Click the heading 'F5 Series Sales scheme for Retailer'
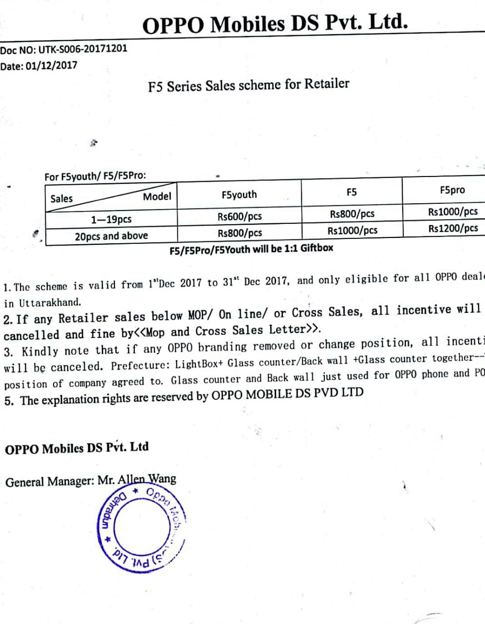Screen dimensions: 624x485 click(248, 85)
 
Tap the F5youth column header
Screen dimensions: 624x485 click(239, 195)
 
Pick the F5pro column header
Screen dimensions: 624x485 click(452, 190)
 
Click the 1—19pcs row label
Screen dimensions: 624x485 click(112, 219)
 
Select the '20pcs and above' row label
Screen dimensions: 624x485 click(111, 236)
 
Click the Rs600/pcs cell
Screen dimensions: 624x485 click(240, 216)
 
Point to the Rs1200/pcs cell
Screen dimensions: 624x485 click(453, 228)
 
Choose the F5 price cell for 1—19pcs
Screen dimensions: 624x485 click(352, 214)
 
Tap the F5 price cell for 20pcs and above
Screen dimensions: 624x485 click(352, 230)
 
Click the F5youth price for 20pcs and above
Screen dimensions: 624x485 click(240, 233)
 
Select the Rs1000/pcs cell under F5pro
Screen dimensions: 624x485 click(453, 212)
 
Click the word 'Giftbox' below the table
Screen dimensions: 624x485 click(317, 248)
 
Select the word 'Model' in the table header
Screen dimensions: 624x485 click(157, 196)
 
